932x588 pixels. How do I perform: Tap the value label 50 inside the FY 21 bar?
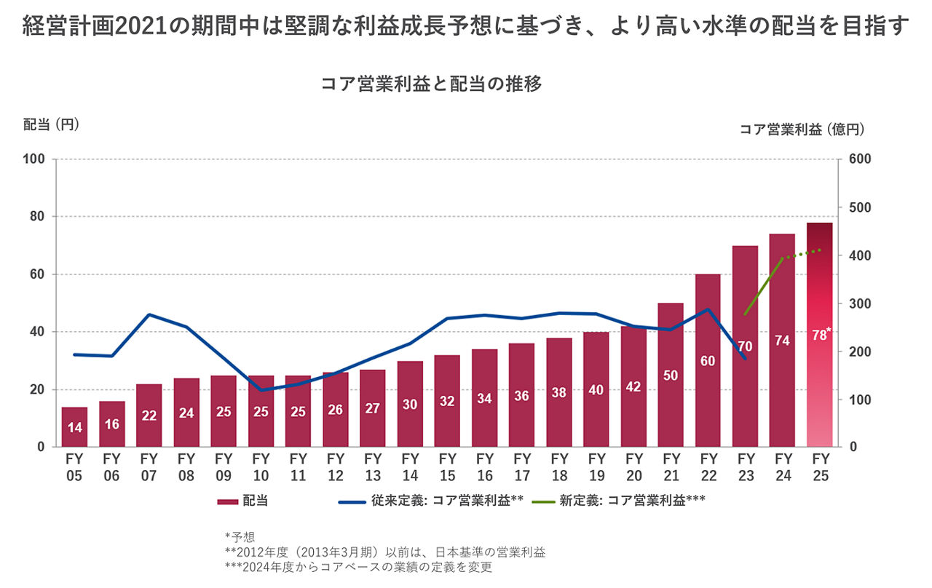coord(671,375)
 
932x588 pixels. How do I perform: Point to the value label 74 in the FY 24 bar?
coord(782,340)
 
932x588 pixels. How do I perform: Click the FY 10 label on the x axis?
coord(261,467)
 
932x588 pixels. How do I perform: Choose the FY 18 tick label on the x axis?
coord(559,467)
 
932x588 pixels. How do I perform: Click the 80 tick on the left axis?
coord(36,217)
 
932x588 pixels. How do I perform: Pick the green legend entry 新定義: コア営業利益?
coord(619,501)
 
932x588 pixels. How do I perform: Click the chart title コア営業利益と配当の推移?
coord(431,84)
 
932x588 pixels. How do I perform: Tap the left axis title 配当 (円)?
coord(50,124)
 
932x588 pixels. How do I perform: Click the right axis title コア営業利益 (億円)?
coord(802,130)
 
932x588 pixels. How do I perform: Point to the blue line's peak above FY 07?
coord(149,314)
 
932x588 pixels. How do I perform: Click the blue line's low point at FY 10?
coord(261,390)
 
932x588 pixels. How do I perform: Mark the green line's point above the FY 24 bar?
coord(782,258)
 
